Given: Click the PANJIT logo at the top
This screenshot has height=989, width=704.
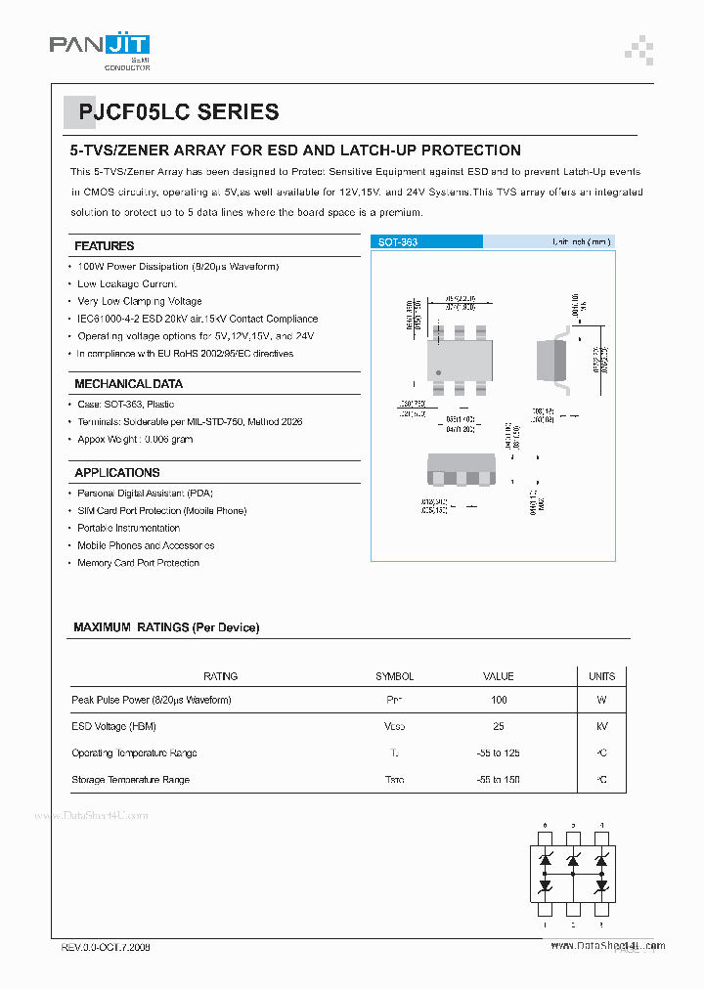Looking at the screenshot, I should (x=99, y=46).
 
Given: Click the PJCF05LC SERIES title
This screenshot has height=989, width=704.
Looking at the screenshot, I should (x=172, y=112).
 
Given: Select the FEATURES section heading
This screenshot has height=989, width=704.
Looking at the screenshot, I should (x=105, y=246).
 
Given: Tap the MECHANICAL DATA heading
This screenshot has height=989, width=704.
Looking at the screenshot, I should (x=128, y=384).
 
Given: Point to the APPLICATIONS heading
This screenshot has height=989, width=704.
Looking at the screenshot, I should (x=117, y=473).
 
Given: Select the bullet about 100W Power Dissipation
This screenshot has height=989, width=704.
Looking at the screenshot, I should (x=178, y=267).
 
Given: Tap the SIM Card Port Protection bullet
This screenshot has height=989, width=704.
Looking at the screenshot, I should (x=161, y=511).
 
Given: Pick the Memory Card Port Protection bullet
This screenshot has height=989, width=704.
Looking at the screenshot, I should (x=138, y=564).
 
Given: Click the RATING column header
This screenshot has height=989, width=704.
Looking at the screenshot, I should (x=220, y=676).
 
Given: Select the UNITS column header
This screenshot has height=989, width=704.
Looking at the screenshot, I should (x=601, y=676).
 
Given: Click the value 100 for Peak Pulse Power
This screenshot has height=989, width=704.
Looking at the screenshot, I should (x=499, y=701).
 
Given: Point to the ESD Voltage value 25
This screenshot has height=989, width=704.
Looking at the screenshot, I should (x=499, y=727).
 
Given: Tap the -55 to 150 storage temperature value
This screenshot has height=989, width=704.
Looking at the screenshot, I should (x=499, y=780).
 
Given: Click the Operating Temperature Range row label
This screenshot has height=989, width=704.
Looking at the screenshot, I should (x=134, y=753).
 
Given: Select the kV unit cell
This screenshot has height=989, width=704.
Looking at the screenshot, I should (x=601, y=727).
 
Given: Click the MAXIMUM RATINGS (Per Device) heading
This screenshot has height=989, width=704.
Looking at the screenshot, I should (x=166, y=627).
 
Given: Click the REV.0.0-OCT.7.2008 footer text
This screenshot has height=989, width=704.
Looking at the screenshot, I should (x=106, y=948).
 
